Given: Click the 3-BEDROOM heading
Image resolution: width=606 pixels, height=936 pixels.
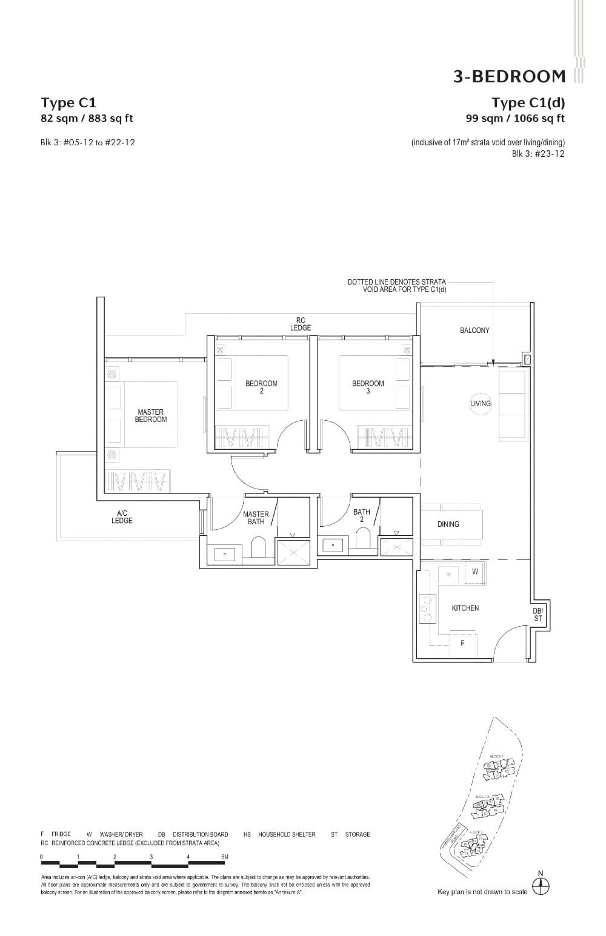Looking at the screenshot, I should pos(509,76).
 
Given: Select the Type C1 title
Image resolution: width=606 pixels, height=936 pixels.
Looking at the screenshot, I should pos(68,102).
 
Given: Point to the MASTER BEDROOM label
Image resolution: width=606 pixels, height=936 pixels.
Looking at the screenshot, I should pos(150,416).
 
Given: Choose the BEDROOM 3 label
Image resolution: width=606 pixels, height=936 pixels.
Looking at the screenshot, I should pos(368,387).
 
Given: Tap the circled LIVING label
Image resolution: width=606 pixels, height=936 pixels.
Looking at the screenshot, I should pos(481,403).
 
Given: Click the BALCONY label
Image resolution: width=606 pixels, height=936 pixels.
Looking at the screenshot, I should pos(474,331).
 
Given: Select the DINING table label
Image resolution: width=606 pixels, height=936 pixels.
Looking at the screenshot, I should pos(448,524).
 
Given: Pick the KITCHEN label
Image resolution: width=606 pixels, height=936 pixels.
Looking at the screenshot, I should pos(465,608).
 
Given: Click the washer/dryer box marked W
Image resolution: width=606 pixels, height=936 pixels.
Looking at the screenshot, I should pos(475,572).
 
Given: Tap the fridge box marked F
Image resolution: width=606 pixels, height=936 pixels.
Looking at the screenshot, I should pos(462,644).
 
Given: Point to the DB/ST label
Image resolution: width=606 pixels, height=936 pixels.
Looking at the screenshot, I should pos(538,615).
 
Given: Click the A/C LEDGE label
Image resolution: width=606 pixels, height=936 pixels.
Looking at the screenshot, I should pos(122,517).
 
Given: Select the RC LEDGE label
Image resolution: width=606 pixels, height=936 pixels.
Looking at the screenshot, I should pos(301,324).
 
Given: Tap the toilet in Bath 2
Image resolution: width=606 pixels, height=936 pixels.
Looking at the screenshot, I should pos(363,539).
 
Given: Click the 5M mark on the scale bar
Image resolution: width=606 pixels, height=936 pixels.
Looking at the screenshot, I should pos(225,857).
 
